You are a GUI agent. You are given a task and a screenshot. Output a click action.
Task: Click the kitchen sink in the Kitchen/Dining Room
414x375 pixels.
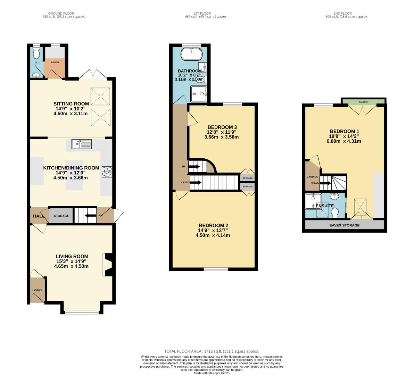coord(82,144)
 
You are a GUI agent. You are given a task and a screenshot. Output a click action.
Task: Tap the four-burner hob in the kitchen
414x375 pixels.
coord(107,172)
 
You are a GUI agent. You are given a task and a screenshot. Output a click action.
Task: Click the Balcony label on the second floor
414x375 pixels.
coord(363,102)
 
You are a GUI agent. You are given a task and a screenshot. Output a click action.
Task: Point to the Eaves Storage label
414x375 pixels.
coord(344,225)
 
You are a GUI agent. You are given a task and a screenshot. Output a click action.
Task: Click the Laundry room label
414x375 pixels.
coord(55,62)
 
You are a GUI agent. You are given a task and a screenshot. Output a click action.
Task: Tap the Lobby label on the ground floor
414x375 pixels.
coord(37,290)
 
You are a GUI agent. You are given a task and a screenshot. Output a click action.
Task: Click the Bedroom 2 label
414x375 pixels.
coord(213,225)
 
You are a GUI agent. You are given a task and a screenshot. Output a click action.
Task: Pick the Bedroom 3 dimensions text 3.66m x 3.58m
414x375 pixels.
coord(222,137)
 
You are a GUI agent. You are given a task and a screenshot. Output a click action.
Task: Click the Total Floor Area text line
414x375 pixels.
coord(212,351)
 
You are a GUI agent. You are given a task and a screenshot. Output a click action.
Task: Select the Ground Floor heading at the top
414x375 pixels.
coord(61,14)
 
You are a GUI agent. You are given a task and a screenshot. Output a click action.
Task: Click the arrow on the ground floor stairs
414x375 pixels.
coord(91,216)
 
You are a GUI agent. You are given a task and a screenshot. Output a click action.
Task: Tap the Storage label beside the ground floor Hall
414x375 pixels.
coord(61,216)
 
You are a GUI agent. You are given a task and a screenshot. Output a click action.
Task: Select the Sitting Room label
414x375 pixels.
coord(71,104)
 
